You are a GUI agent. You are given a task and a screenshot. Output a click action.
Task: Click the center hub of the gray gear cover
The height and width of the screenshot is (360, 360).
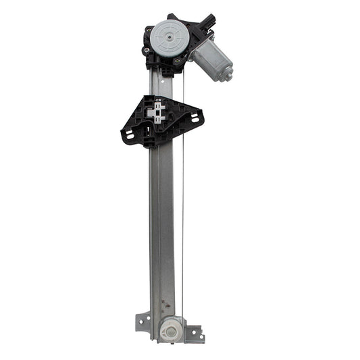tap(167, 36)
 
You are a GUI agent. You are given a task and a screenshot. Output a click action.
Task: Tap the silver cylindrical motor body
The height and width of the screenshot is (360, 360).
tap(211, 59)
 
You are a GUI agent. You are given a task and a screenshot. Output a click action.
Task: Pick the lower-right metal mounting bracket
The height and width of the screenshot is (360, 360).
tap(194, 334)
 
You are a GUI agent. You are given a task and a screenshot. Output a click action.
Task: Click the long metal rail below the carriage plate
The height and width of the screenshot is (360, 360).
tap(162, 230)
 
